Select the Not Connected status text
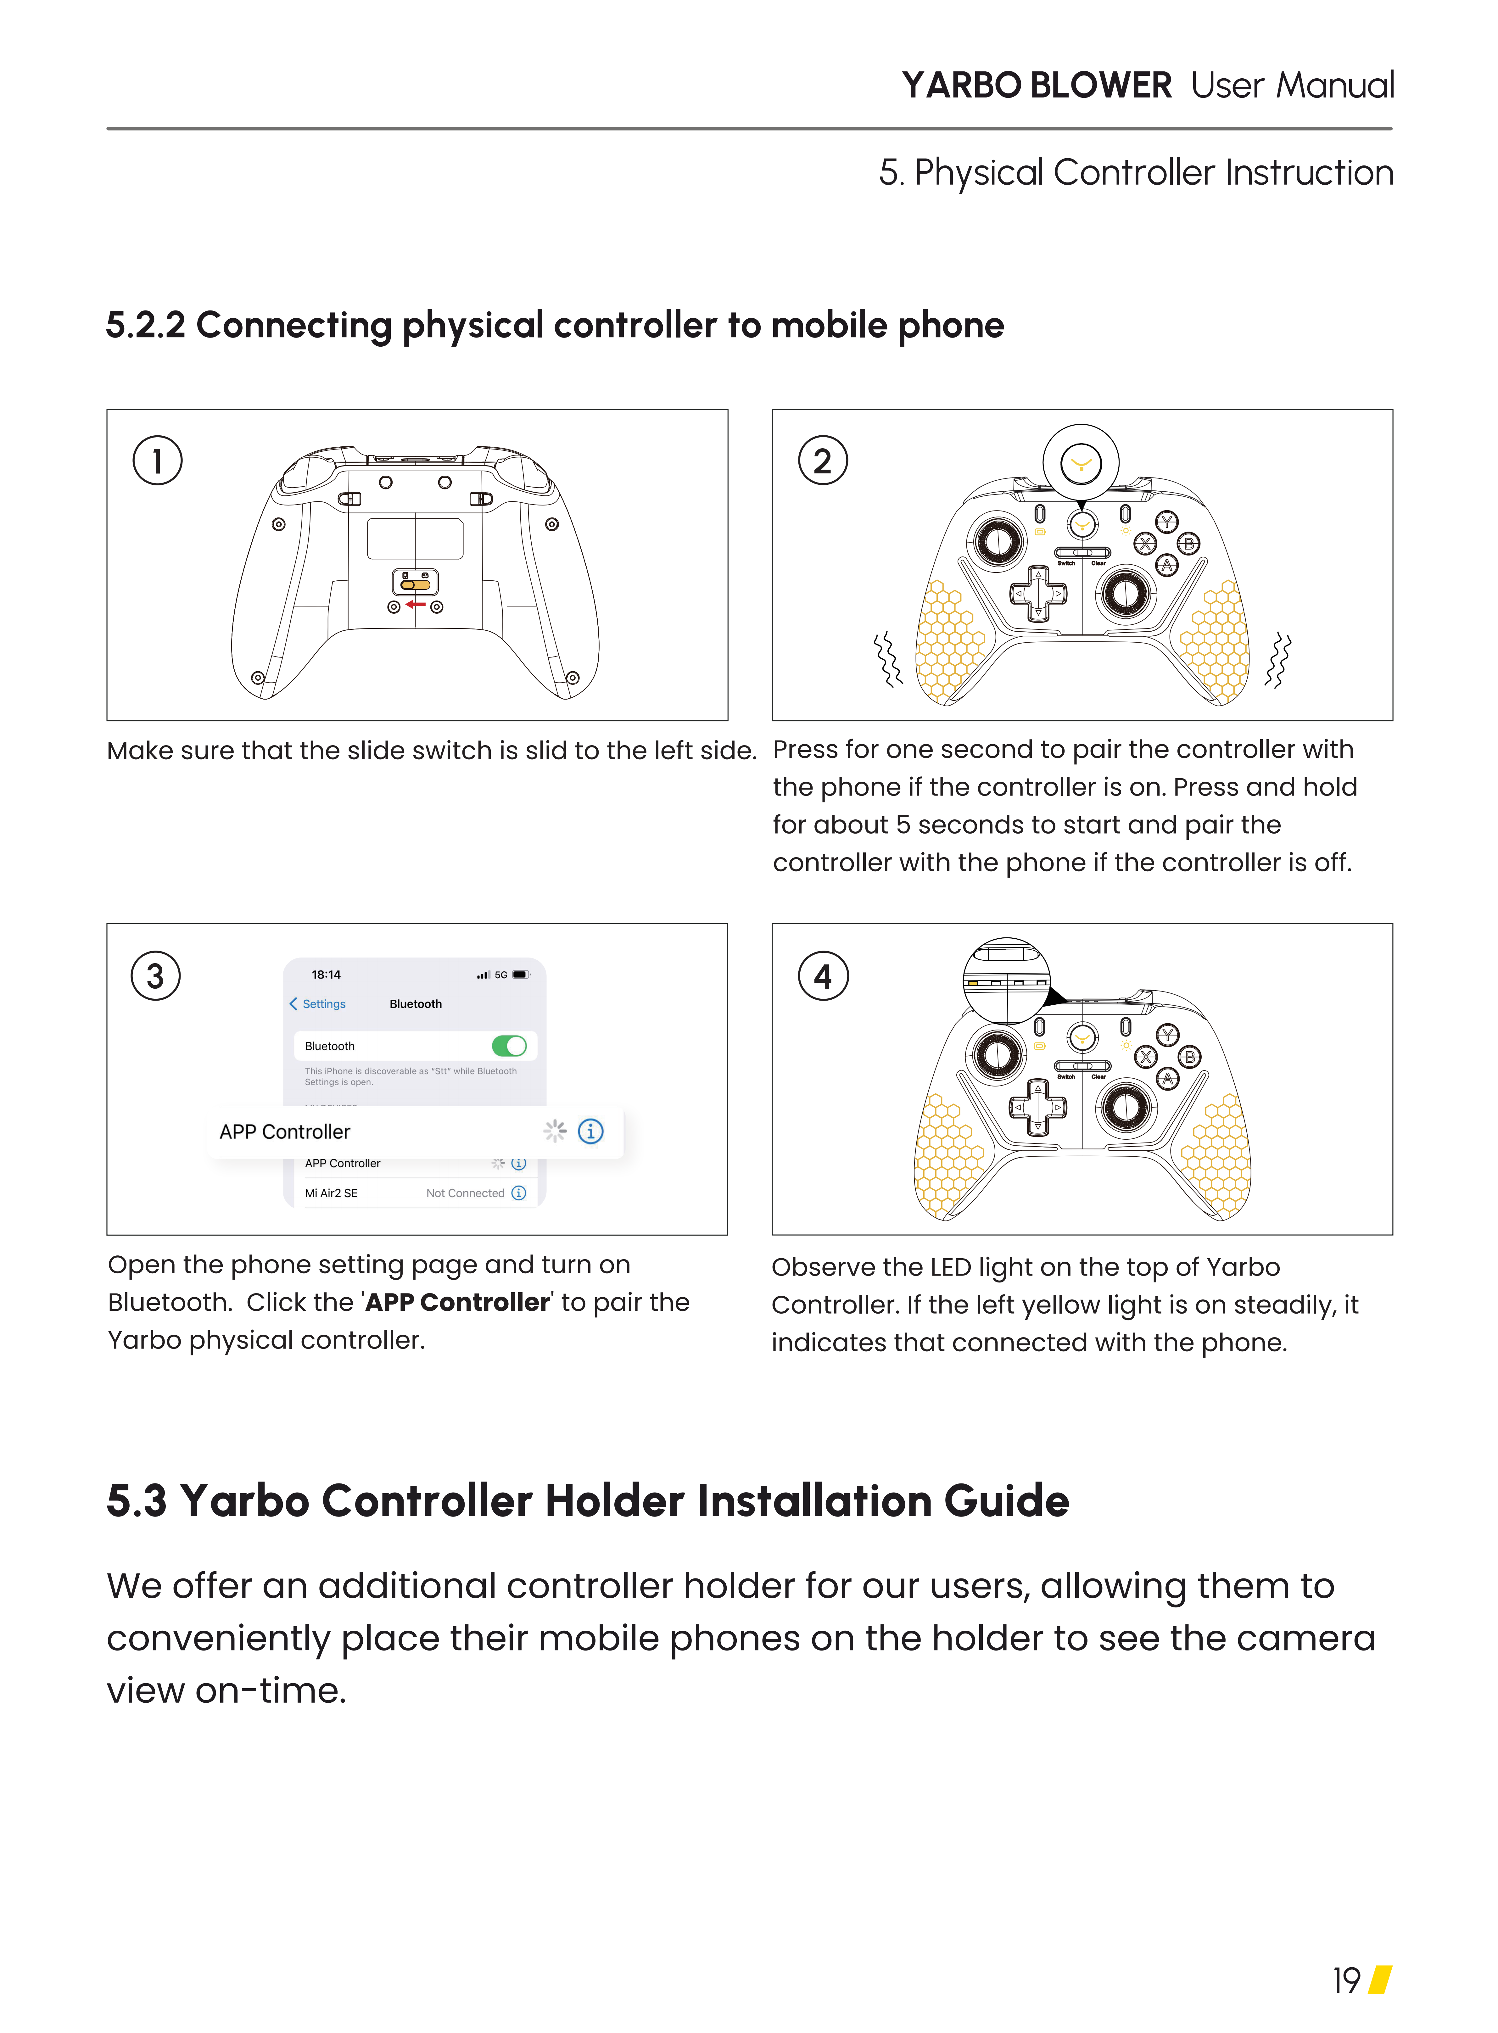coord(465,1193)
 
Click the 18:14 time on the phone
coord(327,975)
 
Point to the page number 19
coord(1347,1981)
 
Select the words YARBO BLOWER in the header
coord(1037,85)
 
